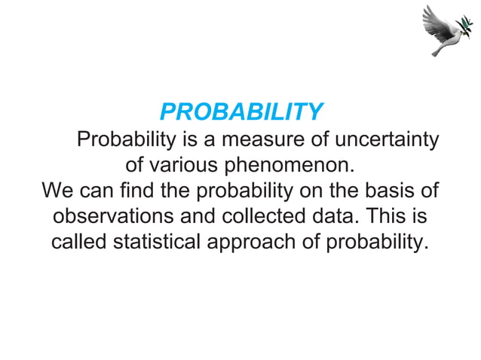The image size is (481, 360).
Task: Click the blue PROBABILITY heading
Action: (241, 113)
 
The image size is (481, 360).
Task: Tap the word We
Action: (57, 190)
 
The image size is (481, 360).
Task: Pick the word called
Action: (79, 242)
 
